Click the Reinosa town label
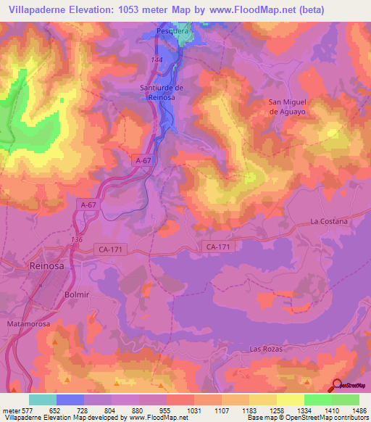(x=47, y=266)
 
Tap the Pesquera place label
(x=174, y=33)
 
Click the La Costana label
(x=329, y=220)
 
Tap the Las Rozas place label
(x=266, y=349)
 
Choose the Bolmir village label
(x=77, y=294)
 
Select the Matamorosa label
(x=28, y=323)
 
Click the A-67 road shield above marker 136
(x=88, y=205)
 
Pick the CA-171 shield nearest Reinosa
(x=109, y=249)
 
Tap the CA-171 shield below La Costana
(x=218, y=247)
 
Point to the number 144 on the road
(x=157, y=59)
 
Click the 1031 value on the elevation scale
(x=194, y=410)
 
